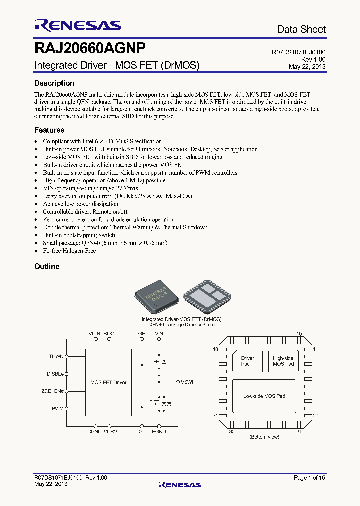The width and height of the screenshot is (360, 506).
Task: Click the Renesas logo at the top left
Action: click(77, 25)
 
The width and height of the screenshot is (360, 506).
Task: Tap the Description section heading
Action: click(54, 83)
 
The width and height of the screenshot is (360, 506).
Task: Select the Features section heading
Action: click(49, 130)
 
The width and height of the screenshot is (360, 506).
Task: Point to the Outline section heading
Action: click(47, 266)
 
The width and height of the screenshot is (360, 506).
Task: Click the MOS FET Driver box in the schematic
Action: click(108, 382)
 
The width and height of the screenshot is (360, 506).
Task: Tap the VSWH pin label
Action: click(188, 382)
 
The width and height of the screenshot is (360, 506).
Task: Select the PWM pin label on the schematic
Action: click(58, 408)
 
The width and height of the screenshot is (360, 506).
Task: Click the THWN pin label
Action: click(56, 356)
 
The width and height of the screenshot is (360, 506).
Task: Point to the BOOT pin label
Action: click(110, 333)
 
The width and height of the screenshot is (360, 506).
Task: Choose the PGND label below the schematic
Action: click(159, 431)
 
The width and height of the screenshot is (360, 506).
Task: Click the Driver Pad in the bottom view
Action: click(248, 361)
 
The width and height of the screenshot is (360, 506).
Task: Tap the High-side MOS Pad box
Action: click(283, 361)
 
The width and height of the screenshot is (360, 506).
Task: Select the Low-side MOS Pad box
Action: click(264, 396)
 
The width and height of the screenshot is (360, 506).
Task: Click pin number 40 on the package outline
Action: click(215, 349)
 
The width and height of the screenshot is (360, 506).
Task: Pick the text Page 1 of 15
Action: click(309, 478)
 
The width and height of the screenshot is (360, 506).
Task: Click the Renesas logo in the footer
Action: click(179, 484)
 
